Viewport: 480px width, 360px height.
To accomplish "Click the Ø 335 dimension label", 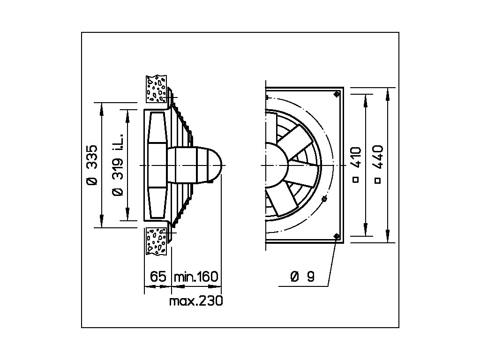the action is (92, 165).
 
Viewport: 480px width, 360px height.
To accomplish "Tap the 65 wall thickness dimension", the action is (158, 277).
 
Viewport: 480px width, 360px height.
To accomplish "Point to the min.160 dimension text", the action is (196, 277).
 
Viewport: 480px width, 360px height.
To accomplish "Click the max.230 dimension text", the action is (195, 301).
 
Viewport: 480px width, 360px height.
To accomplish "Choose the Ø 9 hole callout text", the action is (302, 277).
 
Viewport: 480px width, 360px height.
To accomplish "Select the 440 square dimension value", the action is (378, 157).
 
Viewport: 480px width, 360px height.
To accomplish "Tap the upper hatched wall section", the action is (157, 88).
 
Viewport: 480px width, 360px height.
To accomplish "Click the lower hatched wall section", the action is (157, 241).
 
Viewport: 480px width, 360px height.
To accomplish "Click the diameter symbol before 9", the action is (294, 277).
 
